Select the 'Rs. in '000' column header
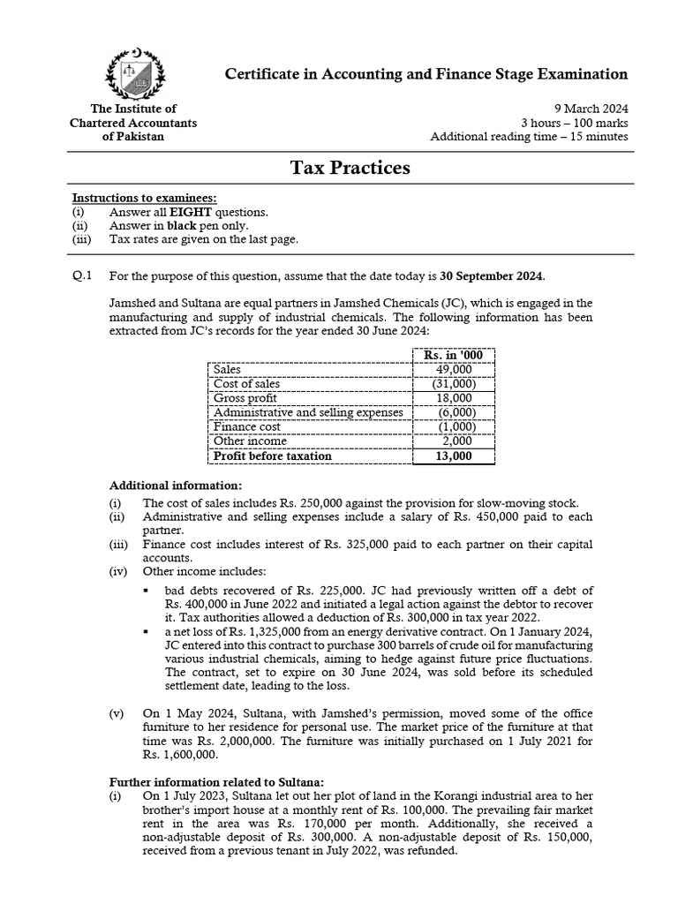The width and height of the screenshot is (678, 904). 454,355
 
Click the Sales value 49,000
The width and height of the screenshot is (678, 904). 454,370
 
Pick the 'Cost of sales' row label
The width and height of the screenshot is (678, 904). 247,384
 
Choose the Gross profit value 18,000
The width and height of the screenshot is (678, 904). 454,398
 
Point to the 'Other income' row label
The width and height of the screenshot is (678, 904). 248,441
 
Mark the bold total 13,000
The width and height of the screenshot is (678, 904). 454,456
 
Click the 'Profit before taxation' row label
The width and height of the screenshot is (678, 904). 273,456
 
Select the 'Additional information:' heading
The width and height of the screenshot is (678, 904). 175,486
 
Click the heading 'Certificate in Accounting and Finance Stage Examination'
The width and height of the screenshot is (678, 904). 426,74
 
